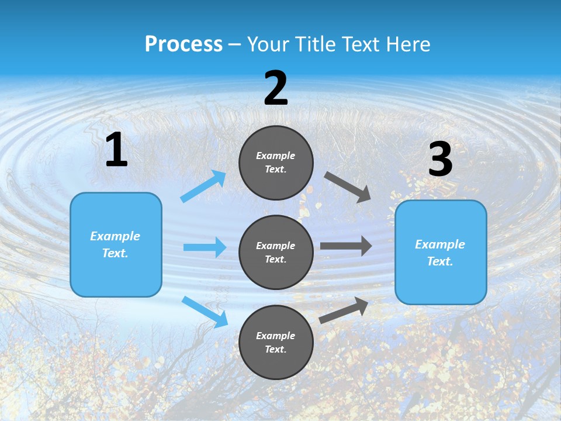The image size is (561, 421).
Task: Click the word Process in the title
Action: pos(183,44)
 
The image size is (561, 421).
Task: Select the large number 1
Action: pos(116,150)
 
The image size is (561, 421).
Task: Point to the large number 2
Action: pos(276,88)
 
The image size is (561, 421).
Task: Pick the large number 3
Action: pos(440,160)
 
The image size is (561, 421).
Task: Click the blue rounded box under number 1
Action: pos(116,244)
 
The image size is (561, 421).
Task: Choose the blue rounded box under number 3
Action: pos(441,252)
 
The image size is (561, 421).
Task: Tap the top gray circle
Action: pos(276,163)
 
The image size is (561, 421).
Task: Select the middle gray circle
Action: pos(276,252)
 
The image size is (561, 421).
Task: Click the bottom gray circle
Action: pos(276,342)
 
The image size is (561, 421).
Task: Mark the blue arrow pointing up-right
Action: pos(203,187)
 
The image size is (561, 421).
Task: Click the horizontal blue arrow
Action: pos(205,247)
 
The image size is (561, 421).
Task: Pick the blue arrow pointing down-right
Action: pos(205,311)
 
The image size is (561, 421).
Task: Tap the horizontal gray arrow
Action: pos(346,246)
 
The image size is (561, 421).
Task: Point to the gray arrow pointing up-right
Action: pos(344,310)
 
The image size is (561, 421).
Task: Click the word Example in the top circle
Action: pos(276,156)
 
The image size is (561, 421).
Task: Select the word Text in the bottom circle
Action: pos(275,349)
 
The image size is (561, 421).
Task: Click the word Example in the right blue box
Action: pos(440,244)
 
